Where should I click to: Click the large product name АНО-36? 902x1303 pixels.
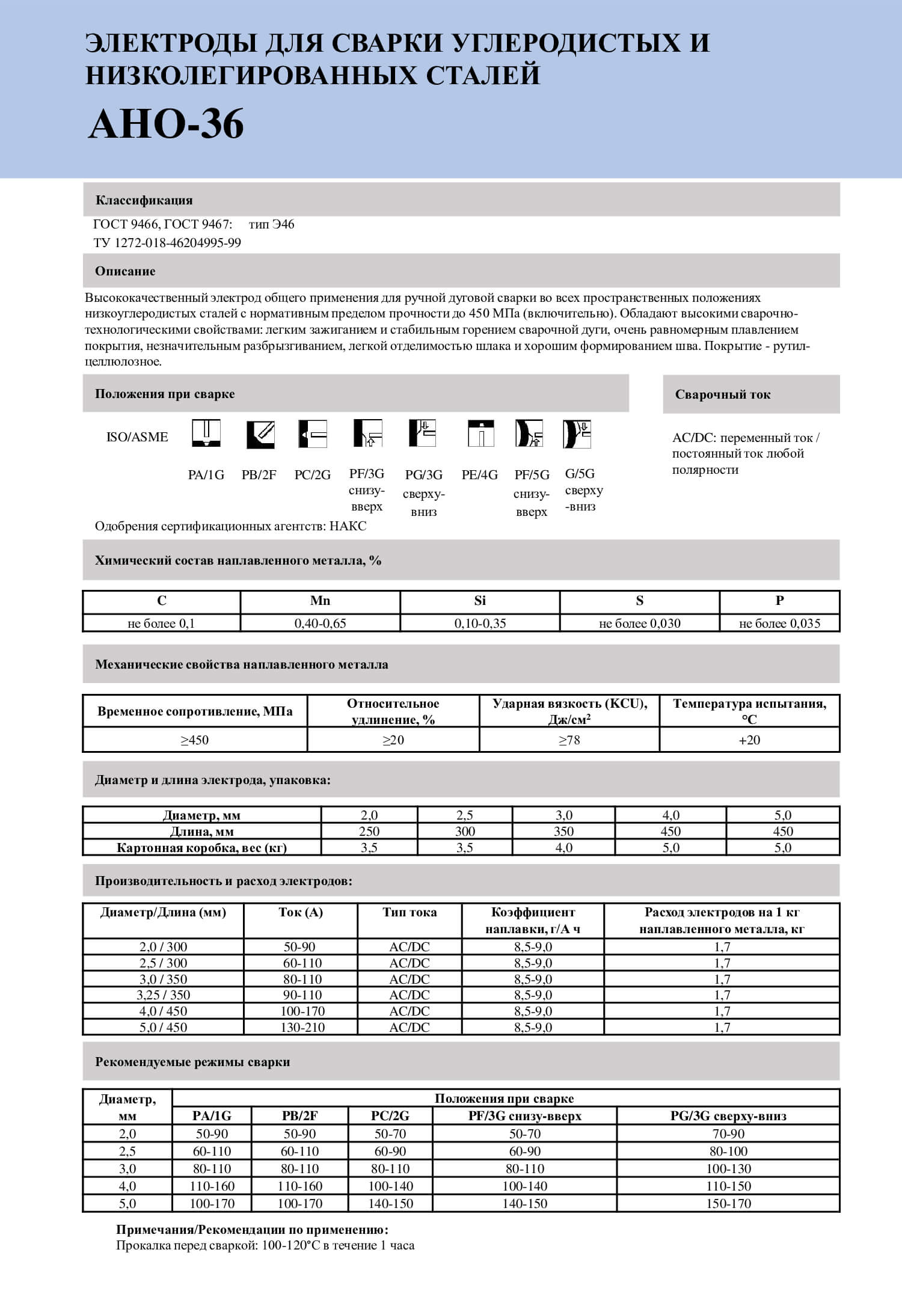[x=166, y=124]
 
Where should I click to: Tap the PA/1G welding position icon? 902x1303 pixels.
[x=206, y=434]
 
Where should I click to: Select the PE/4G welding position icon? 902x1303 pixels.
[x=480, y=434]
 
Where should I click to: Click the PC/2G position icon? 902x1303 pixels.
[x=313, y=434]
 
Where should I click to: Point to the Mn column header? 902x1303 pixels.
[x=320, y=601]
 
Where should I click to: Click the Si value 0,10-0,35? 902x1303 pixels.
[x=480, y=624]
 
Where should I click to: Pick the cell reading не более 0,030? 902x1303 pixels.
[x=639, y=624]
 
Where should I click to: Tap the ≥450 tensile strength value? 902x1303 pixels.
[x=195, y=740]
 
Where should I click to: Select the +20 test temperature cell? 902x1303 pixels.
[x=749, y=740]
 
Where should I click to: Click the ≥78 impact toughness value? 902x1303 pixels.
[x=569, y=740]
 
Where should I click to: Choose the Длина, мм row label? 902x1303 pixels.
[x=201, y=832]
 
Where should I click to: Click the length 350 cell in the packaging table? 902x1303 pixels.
[x=563, y=832]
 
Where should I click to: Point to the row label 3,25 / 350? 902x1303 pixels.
[x=163, y=995]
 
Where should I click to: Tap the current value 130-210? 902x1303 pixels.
[x=302, y=1028]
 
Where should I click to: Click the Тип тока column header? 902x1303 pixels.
[x=410, y=913]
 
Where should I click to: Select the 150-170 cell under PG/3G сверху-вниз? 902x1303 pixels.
[x=728, y=1204]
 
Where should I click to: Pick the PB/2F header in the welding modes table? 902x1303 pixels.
[x=299, y=1116]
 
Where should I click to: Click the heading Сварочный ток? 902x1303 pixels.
[x=722, y=394]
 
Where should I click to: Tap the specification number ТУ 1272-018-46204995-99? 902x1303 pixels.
[x=167, y=243]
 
